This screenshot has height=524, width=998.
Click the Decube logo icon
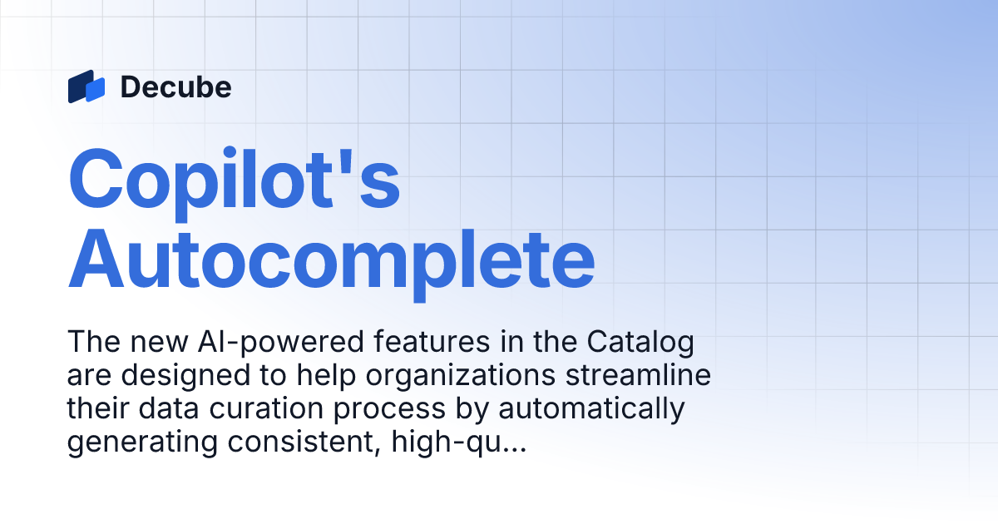86,87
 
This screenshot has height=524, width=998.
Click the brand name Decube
175,87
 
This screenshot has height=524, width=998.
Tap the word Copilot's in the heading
235,178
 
